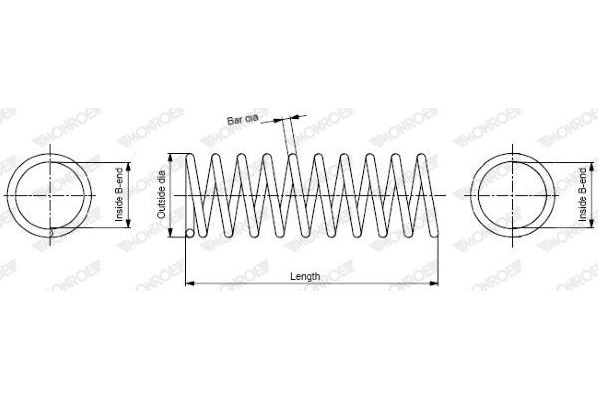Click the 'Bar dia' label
tap(243, 119)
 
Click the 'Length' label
tap(305, 276)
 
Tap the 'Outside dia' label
tap(161, 195)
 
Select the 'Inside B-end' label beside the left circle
tap(120, 195)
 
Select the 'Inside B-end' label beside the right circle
tap(582, 195)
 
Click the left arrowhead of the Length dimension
tap(190, 283)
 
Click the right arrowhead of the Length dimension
tap(434, 283)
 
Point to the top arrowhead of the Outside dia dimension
tap(171, 158)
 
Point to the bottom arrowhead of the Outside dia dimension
tap(171, 232)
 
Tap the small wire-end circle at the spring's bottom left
tap(190, 233)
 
